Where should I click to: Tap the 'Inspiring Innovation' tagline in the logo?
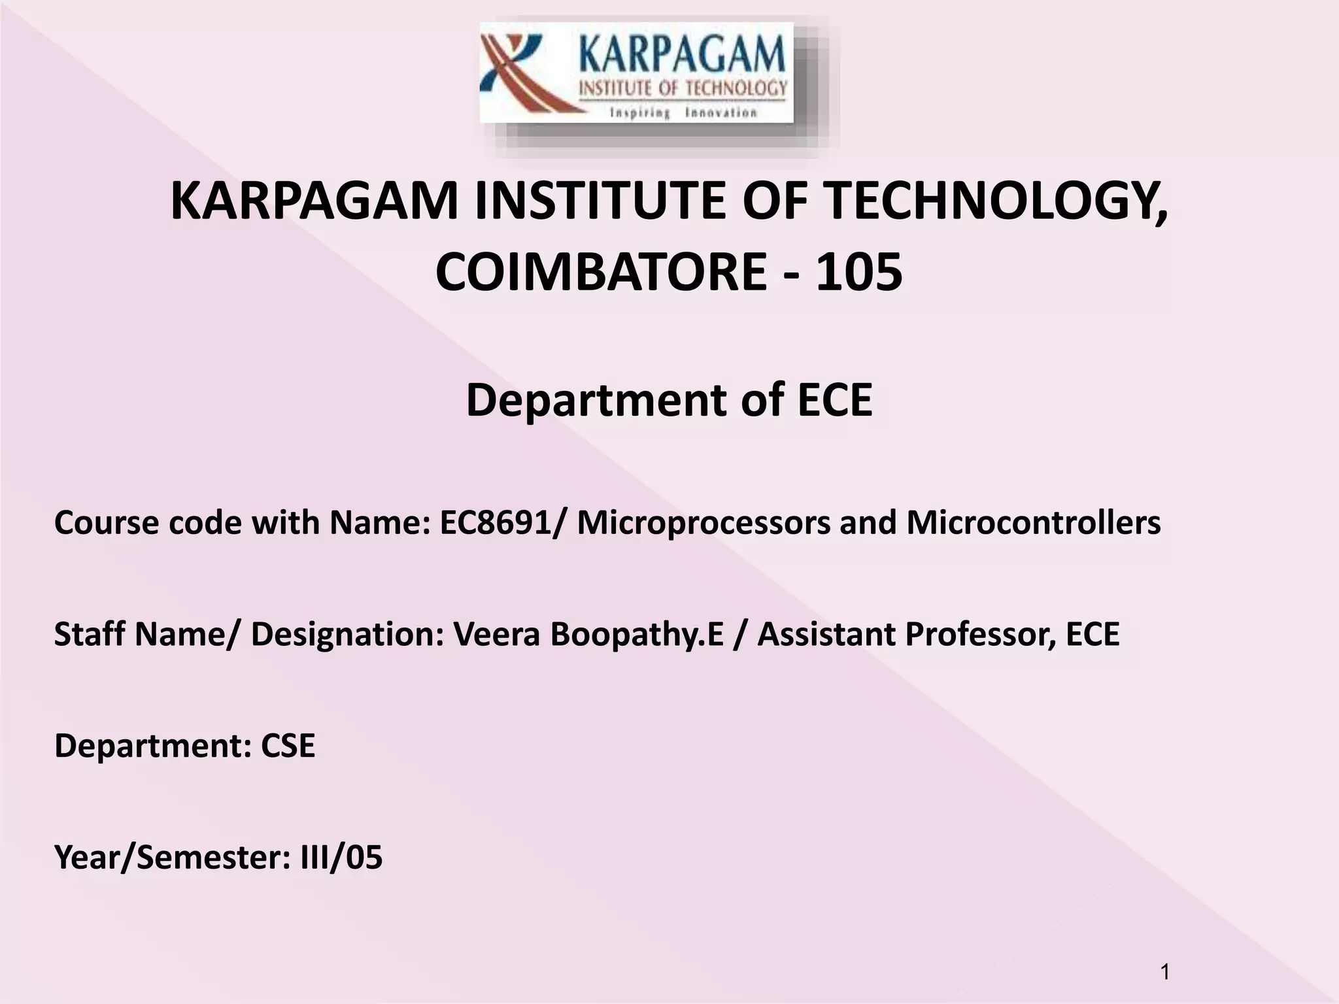click(683, 113)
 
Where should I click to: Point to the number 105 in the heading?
click(859, 273)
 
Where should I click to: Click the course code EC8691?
click(495, 523)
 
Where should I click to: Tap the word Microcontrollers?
click(1033, 523)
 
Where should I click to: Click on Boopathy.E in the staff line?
click(637, 634)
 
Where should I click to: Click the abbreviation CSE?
click(288, 745)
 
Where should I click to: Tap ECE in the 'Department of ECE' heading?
click(835, 400)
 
